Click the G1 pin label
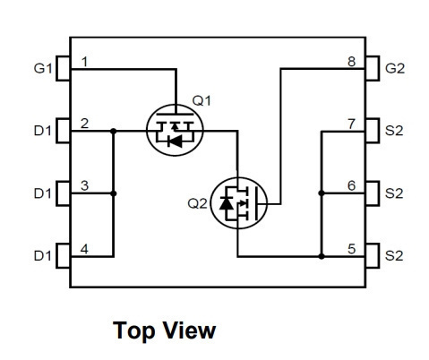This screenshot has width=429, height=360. (x=43, y=68)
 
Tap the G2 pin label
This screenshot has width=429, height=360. (x=395, y=68)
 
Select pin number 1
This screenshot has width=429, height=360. (x=85, y=62)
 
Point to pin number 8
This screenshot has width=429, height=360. (x=352, y=62)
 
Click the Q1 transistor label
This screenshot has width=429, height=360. (x=202, y=100)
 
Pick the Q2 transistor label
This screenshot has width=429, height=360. (x=197, y=203)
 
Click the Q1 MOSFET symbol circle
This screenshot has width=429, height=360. (x=175, y=130)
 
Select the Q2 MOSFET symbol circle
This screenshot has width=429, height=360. (x=238, y=203)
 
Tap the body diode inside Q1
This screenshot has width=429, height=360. (x=175, y=141)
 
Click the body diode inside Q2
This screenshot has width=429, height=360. (x=226, y=203)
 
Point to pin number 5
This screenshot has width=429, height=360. (x=352, y=249)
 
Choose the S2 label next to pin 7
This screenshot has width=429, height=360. (x=394, y=131)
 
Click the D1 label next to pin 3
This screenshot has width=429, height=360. (x=43, y=193)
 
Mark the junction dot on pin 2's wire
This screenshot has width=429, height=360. (x=113, y=131)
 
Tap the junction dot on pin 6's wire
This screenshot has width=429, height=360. (x=322, y=193)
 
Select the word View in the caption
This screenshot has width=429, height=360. (x=190, y=330)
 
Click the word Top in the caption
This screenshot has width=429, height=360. (x=134, y=331)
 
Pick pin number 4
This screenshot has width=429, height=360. (x=84, y=249)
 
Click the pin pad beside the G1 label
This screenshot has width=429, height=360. (x=63, y=68)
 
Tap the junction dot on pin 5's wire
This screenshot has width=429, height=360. (x=322, y=256)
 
